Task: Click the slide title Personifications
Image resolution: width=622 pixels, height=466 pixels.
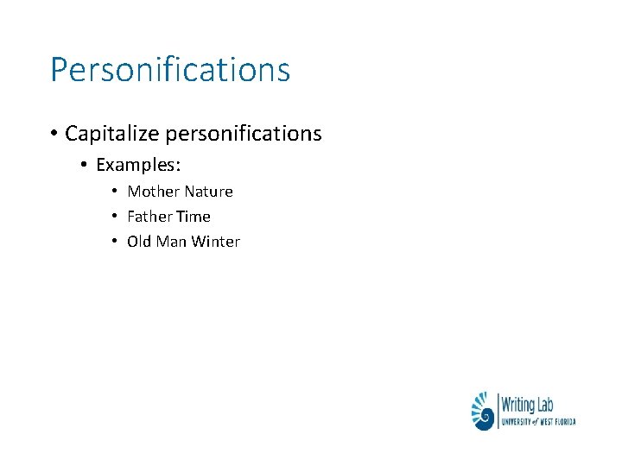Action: point(170,70)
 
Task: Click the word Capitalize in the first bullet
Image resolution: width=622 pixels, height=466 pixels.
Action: point(111,134)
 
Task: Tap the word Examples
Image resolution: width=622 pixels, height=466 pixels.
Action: point(137,164)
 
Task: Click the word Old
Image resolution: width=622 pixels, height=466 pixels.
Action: point(139,242)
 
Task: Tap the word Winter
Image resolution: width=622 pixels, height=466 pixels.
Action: point(215,242)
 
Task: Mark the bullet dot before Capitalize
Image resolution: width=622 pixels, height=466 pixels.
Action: point(54,134)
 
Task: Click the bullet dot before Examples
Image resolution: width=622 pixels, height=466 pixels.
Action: point(85,164)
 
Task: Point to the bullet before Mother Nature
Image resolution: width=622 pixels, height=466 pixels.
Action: point(114,192)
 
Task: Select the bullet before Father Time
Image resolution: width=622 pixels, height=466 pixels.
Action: point(114,217)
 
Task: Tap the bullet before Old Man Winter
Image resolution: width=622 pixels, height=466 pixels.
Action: point(114,242)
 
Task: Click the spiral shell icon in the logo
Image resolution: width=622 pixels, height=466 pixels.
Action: point(484,411)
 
